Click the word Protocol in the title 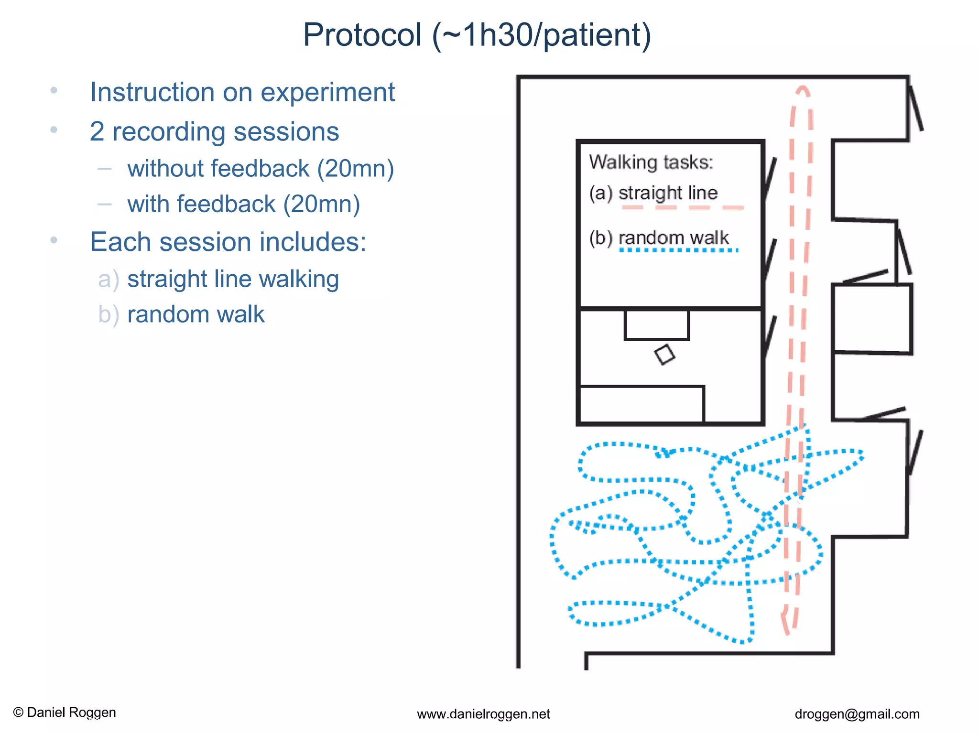(x=362, y=35)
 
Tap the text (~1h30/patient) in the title (x=542, y=35)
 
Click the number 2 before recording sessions (x=97, y=132)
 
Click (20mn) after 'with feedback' (x=322, y=205)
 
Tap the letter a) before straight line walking (x=108, y=280)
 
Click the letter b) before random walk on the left (x=108, y=315)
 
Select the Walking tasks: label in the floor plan (x=651, y=162)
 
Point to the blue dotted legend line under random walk (x=679, y=250)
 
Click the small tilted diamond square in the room (x=664, y=355)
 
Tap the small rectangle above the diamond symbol (x=656, y=325)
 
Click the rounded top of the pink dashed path (x=803, y=90)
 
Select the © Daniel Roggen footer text (x=65, y=712)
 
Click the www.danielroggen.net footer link (x=483, y=714)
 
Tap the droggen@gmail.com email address (x=857, y=714)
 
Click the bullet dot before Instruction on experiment (x=54, y=90)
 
